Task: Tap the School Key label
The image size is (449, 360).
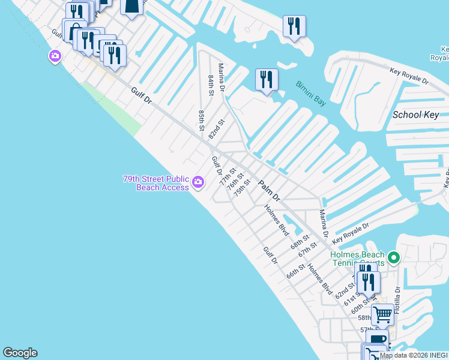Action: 415,115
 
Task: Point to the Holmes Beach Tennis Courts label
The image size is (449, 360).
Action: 357,259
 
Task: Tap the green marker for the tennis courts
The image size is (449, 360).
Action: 394,259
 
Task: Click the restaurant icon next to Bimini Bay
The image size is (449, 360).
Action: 266,80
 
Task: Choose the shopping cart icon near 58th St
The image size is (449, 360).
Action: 382,314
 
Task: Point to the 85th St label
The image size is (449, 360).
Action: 202,119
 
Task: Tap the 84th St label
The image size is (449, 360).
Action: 211,85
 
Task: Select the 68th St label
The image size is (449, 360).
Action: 298,243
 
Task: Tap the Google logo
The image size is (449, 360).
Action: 20,353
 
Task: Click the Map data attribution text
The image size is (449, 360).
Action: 414,356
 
